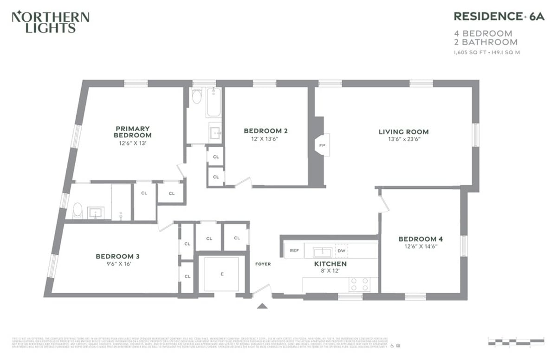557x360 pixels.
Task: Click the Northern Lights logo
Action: click(50, 22)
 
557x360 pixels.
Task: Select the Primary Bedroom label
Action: click(132, 132)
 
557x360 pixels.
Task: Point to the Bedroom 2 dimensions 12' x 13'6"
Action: click(266, 139)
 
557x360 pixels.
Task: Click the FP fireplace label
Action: click(322, 145)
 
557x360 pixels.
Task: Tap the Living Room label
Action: click(403, 132)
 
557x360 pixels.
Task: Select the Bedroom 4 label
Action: click(421, 239)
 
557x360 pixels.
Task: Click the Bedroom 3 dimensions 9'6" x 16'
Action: click(117, 264)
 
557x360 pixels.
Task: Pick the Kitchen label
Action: click(330, 264)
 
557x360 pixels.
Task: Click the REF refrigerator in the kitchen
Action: click(294, 251)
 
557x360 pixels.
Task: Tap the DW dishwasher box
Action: click(341, 251)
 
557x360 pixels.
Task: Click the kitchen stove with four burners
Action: click(360, 284)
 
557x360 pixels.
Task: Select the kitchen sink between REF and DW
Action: click(321, 252)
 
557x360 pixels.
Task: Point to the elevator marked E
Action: click(222, 274)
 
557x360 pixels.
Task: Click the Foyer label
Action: click(263, 264)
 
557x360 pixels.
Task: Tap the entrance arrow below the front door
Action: click(262, 306)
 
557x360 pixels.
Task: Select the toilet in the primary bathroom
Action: click(78, 211)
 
